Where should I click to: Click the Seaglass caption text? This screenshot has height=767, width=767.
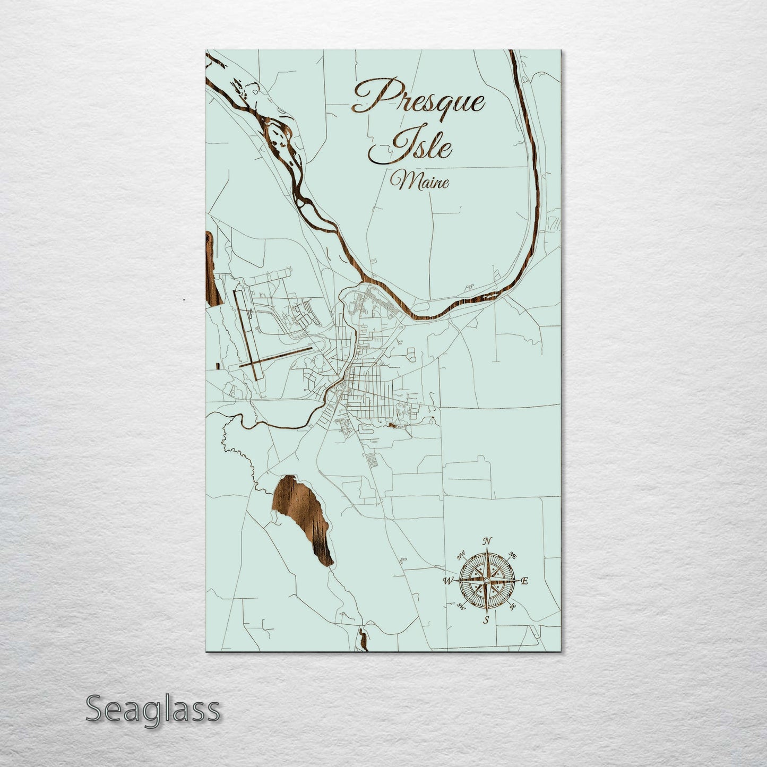point(152,710)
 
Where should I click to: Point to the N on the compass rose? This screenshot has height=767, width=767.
point(486,542)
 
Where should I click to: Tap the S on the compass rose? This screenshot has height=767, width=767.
point(486,620)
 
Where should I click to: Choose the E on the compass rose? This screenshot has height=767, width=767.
point(524,581)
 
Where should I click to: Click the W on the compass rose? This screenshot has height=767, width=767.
point(447,581)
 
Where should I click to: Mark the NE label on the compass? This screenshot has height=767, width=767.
point(513,555)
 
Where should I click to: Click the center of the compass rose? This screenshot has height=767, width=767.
point(486,581)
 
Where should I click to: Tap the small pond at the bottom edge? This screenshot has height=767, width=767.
point(364,639)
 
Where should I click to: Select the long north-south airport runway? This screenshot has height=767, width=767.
point(246,334)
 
